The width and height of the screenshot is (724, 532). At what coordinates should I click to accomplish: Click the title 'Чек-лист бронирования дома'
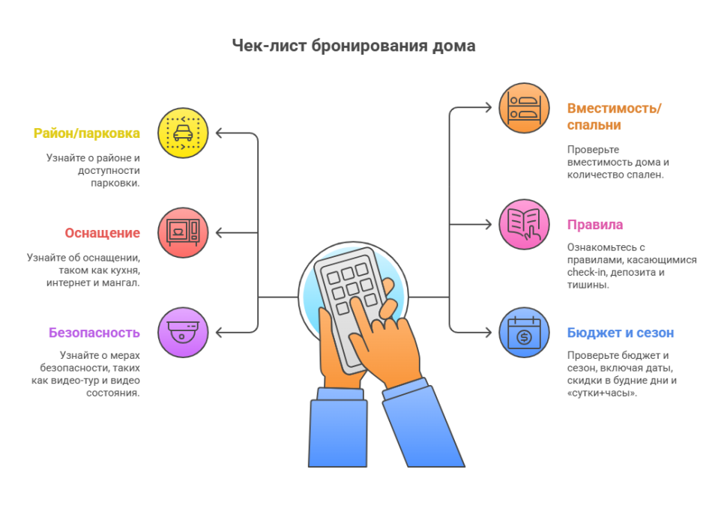(x=353, y=46)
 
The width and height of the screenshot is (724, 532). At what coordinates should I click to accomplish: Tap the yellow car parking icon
(x=183, y=133)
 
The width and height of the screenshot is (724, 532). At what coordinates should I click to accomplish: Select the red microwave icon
(x=183, y=233)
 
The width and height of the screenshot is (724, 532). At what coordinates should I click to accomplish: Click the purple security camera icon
(x=183, y=331)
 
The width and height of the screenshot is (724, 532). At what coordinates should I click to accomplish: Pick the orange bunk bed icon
(x=525, y=108)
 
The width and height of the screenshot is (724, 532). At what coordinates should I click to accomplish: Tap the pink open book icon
(x=525, y=224)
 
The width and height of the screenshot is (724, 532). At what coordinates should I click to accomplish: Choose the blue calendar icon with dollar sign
(x=525, y=332)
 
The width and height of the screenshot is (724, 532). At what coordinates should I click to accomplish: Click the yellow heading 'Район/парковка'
(x=87, y=133)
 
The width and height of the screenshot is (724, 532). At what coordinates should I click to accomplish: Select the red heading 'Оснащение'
(x=102, y=232)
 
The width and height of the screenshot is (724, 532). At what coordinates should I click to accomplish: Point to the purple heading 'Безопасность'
(x=94, y=332)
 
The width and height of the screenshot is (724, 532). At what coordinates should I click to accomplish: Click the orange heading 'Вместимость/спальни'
(x=614, y=115)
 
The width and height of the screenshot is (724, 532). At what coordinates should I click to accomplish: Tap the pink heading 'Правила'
(x=595, y=225)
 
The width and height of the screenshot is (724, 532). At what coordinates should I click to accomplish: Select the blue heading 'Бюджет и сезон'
(x=621, y=333)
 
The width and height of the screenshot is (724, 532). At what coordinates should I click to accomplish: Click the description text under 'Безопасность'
(x=88, y=372)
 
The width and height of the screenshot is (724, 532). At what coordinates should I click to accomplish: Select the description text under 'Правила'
(x=632, y=265)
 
